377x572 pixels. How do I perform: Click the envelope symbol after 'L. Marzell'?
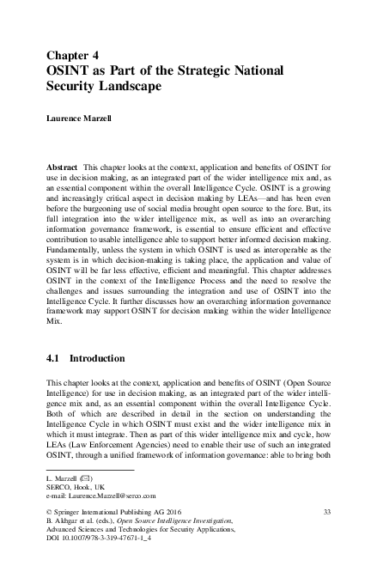[x=88, y=477]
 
